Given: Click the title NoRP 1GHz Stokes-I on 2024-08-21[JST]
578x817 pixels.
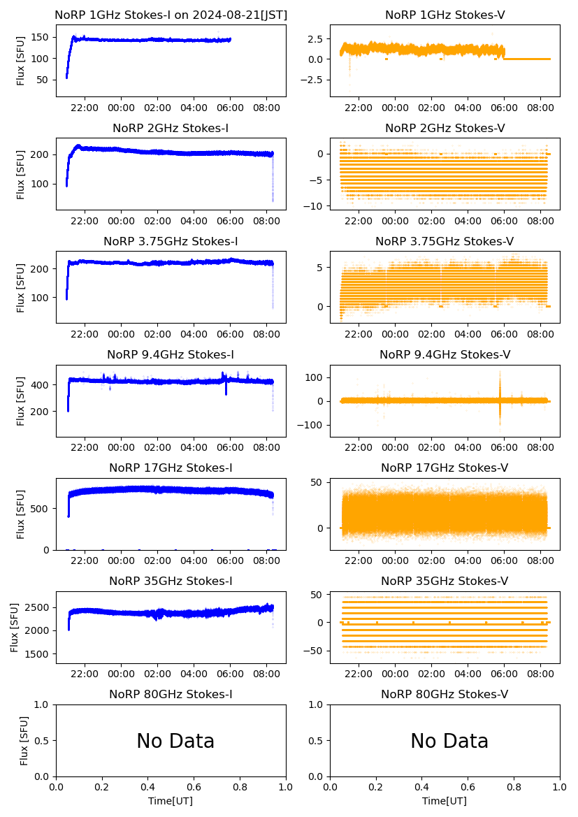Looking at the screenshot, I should click(171, 15).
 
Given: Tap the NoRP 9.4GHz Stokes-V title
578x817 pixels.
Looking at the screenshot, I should click(445, 355).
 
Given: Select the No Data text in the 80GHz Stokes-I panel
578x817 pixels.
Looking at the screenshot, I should click(175, 741).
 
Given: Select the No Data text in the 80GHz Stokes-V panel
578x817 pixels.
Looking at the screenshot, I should click(449, 741).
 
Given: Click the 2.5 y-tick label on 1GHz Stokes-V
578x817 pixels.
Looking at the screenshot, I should click(315, 38).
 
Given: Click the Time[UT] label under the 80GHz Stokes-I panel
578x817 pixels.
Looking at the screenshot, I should click(171, 801).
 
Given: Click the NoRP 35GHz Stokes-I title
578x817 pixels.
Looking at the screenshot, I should click(171, 581).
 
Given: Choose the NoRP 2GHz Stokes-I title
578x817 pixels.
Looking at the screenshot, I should click(171, 129).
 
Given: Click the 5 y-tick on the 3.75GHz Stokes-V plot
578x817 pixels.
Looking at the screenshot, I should click(319, 267).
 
